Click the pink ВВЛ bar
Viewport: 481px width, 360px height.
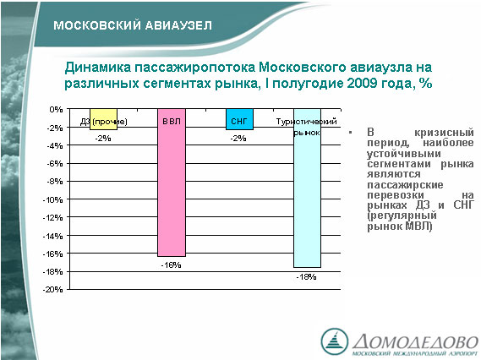coord(172,183)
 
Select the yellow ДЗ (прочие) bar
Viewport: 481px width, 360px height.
coord(103,119)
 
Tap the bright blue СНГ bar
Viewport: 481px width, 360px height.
coord(239,119)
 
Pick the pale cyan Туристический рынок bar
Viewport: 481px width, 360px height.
coord(308,188)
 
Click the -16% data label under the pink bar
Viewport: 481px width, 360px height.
coord(171,265)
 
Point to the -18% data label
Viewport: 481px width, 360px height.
coord(307,277)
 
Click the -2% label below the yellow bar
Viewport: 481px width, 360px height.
coord(103,139)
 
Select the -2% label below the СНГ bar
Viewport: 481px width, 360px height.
coord(238,139)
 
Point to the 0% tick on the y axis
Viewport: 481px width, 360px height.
coord(56,109)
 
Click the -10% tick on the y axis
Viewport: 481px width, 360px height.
coord(52,200)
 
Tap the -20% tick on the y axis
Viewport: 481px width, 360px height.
coord(52,289)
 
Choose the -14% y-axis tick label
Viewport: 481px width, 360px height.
coord(52,236)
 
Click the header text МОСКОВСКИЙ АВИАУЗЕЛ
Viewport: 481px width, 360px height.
coord(133,25)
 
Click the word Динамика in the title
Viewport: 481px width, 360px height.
coord(98,68)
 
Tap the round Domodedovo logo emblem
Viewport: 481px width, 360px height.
coord(335,341)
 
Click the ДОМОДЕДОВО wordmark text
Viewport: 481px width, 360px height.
coord(416,341)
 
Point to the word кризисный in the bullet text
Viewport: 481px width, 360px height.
coord(444,133)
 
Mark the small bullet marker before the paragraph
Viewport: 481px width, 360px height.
coord(350,133)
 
